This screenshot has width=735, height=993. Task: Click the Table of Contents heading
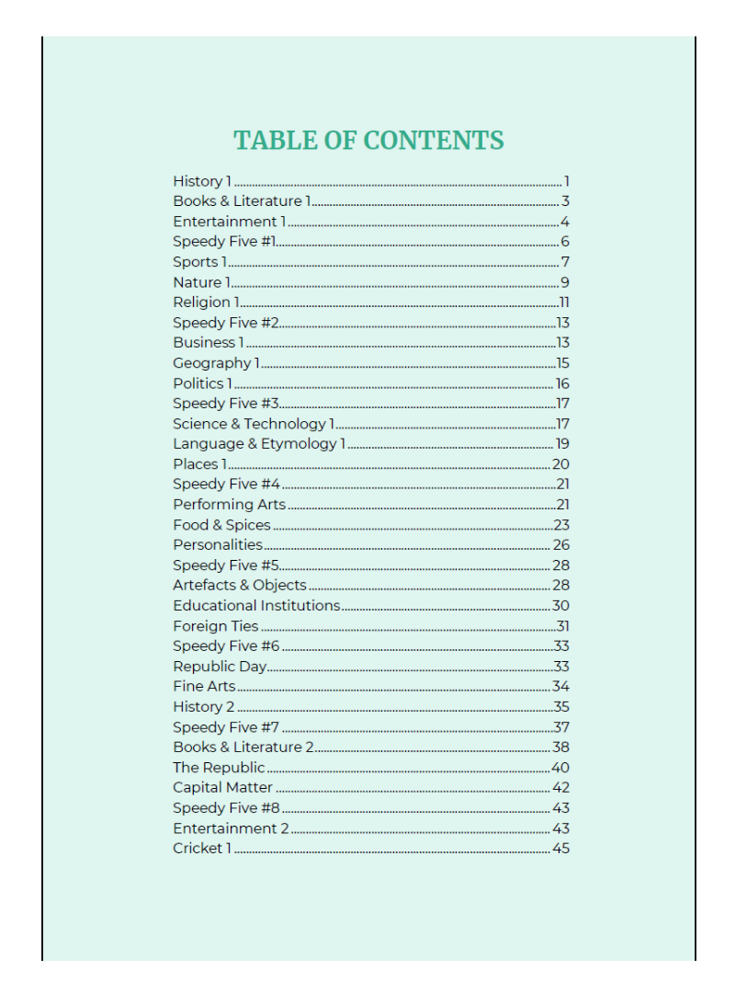[x=368, y=141]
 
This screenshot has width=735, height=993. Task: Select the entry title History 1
[x=202, y=181]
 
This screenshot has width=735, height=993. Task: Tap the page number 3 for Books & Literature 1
[x=566, y=201]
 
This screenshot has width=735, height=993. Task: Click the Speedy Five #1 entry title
[x=224, y=242]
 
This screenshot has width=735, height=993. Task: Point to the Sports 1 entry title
[x=199, y=262]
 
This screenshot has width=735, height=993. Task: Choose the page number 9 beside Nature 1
[x=565, y=282]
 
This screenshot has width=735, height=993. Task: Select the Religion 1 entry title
[x=207, y=302]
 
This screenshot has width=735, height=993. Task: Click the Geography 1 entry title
[x=216, y=363]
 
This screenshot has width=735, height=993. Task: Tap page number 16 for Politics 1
[x=562, y=383]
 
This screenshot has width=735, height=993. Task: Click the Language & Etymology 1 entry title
[x=259, y=444]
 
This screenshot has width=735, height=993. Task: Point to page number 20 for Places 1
[x=560, y=464]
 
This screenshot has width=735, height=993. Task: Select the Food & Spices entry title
[x=221, y=525]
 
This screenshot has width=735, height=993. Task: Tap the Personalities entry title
[x=218, y=545]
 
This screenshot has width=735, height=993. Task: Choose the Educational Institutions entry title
[x=256, y=606]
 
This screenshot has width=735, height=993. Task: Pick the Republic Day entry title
[x=220, y=667]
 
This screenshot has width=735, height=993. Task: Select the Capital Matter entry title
[x=222, y=788]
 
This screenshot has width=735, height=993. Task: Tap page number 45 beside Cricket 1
[x=560, y=849]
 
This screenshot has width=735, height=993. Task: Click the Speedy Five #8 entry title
[x=226, y=808]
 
